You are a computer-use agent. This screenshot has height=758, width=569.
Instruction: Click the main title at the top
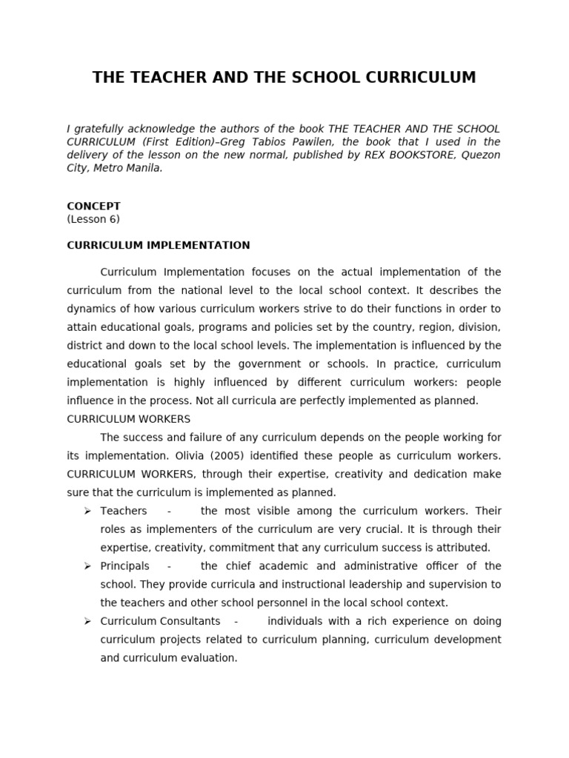point(284,78)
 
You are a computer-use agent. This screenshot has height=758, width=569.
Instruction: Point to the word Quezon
point(481,155)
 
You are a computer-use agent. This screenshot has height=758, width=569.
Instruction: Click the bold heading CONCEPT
point(93,207)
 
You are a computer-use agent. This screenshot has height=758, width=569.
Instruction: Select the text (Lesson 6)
point(93,219)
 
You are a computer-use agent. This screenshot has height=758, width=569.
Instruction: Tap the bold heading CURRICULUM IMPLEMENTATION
point(159,246)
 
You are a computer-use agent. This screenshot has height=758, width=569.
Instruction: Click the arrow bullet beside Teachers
point(87,512)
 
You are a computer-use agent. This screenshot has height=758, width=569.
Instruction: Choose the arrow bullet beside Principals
point(87,566)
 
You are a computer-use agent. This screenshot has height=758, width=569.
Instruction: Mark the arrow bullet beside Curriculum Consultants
point(87,621)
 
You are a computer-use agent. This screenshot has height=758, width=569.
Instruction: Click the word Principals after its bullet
point(124,566)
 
